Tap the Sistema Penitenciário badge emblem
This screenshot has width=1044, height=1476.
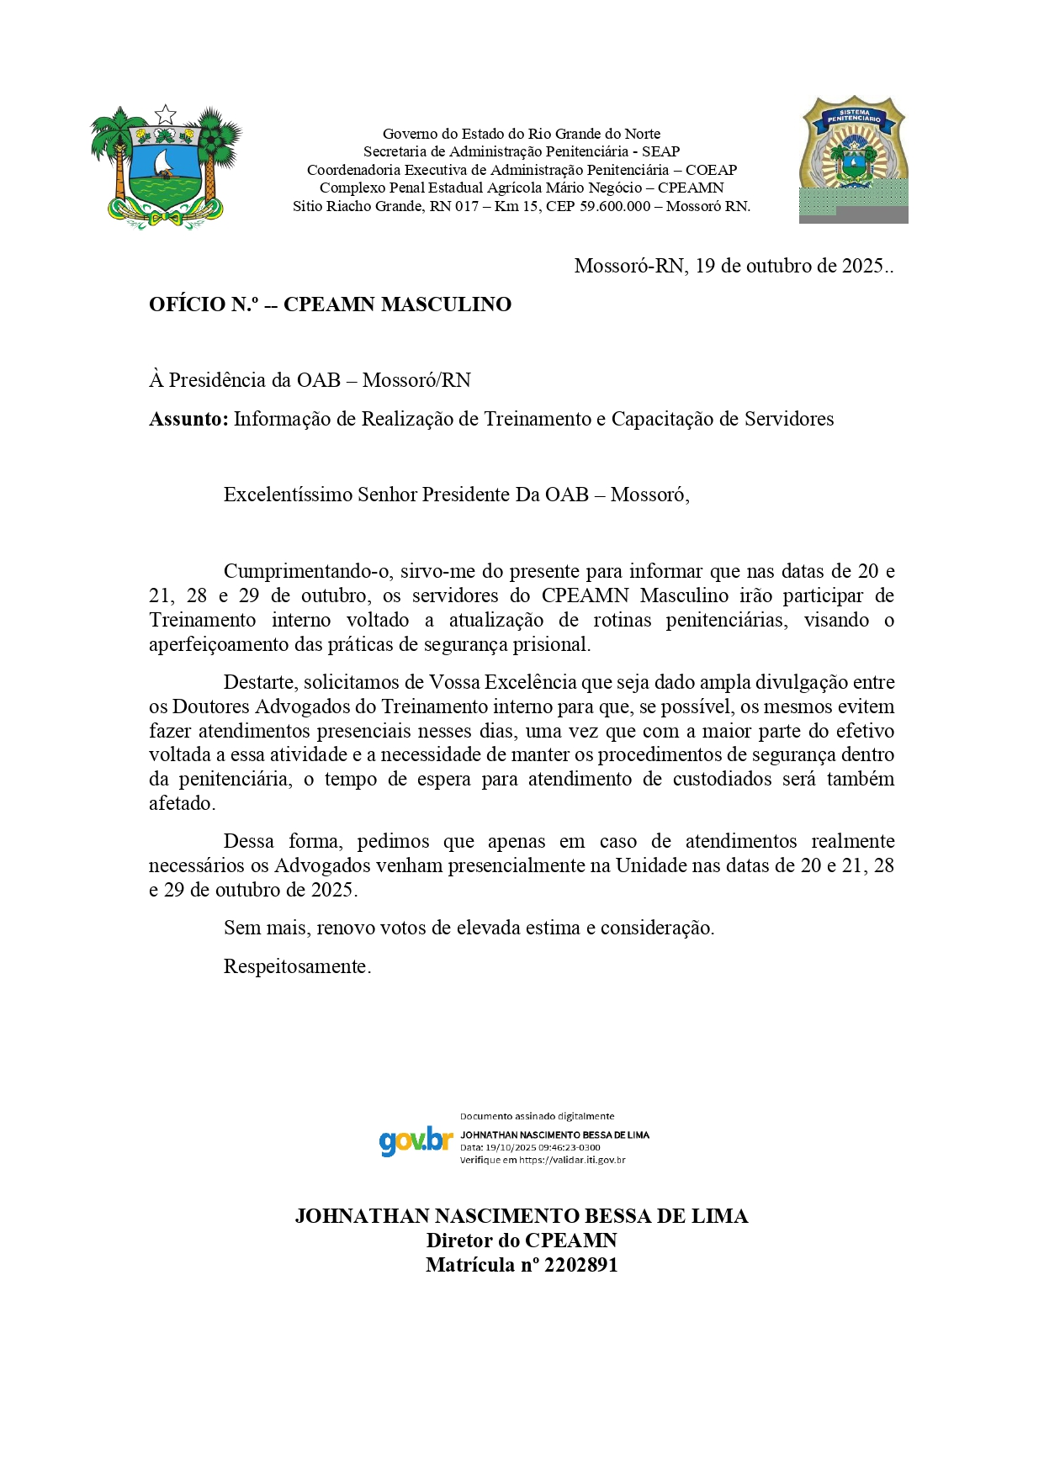853,156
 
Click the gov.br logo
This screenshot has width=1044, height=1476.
416,1141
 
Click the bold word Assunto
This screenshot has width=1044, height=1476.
188,419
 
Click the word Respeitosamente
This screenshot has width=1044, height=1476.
297,966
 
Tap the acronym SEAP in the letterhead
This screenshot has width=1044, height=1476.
660,151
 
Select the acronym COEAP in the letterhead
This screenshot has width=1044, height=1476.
711,170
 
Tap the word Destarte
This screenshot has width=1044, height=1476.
260,682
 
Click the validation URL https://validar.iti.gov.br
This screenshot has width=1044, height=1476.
572,1160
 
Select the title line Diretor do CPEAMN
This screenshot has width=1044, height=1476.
522,1241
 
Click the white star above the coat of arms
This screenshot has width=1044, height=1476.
166,114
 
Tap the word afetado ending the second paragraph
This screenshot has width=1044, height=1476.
181,803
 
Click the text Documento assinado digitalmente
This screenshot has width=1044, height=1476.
537,1116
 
